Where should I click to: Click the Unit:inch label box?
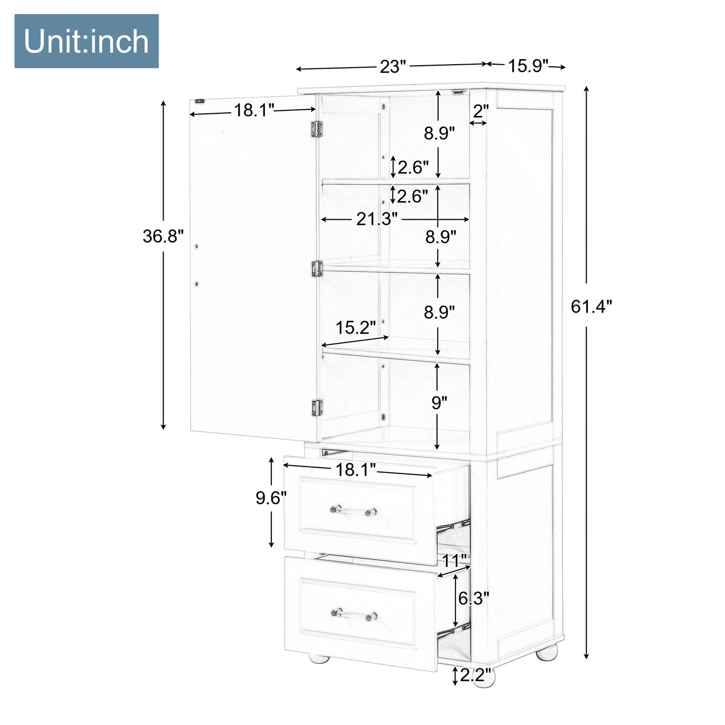click(86, 41)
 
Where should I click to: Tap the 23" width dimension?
click(392, 66)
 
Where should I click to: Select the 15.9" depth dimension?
click(528, 66)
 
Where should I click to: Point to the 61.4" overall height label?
click(592, 306)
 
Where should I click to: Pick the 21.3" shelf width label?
click(377, 219)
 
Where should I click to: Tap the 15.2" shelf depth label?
click(355, 328)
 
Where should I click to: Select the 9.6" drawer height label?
click(271, 498)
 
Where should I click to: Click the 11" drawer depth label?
click(454, 560)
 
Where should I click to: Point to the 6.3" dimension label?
click(473, 598)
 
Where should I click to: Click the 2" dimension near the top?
click(480, 111)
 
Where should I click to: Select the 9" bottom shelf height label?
click(439, 402)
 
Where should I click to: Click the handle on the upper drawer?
click(353, 511)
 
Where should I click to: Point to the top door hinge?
click(316, 129)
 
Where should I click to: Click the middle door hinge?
click(317, 268)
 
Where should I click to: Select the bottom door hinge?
click(317, 407)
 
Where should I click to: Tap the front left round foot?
click(319, 656)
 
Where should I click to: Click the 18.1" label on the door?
click(254, 110)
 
